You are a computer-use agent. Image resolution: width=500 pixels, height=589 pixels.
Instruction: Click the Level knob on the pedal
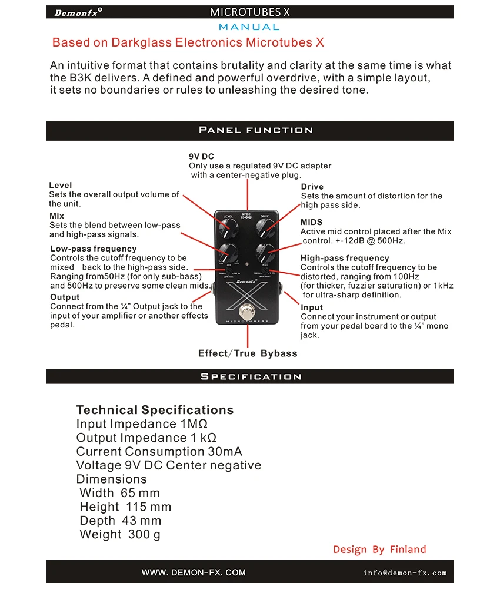click(227, 226)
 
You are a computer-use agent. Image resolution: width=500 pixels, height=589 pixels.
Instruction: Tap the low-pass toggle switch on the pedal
click(227, 272)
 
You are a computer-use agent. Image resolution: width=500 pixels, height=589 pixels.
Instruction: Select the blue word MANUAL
click(249, 27)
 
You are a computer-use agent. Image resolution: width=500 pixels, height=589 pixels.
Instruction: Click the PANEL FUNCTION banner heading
click(255, 130)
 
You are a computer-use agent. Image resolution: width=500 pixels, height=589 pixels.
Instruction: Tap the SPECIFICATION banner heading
click(251, 376)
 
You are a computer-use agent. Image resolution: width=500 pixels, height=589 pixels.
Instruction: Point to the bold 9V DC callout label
click(201, 157)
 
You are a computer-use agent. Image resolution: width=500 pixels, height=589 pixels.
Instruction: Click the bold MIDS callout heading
click(311, 222)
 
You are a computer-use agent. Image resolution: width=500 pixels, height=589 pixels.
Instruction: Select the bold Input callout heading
click(312, 307)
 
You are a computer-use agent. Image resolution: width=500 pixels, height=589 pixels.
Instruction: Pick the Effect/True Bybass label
click(248, 353)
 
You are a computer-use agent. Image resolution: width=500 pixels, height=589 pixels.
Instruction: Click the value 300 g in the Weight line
click(144, 534)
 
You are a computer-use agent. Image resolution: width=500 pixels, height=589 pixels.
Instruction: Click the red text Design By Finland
click(379, 550)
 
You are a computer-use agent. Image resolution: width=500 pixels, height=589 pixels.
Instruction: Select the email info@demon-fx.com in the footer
click(405, 573)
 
